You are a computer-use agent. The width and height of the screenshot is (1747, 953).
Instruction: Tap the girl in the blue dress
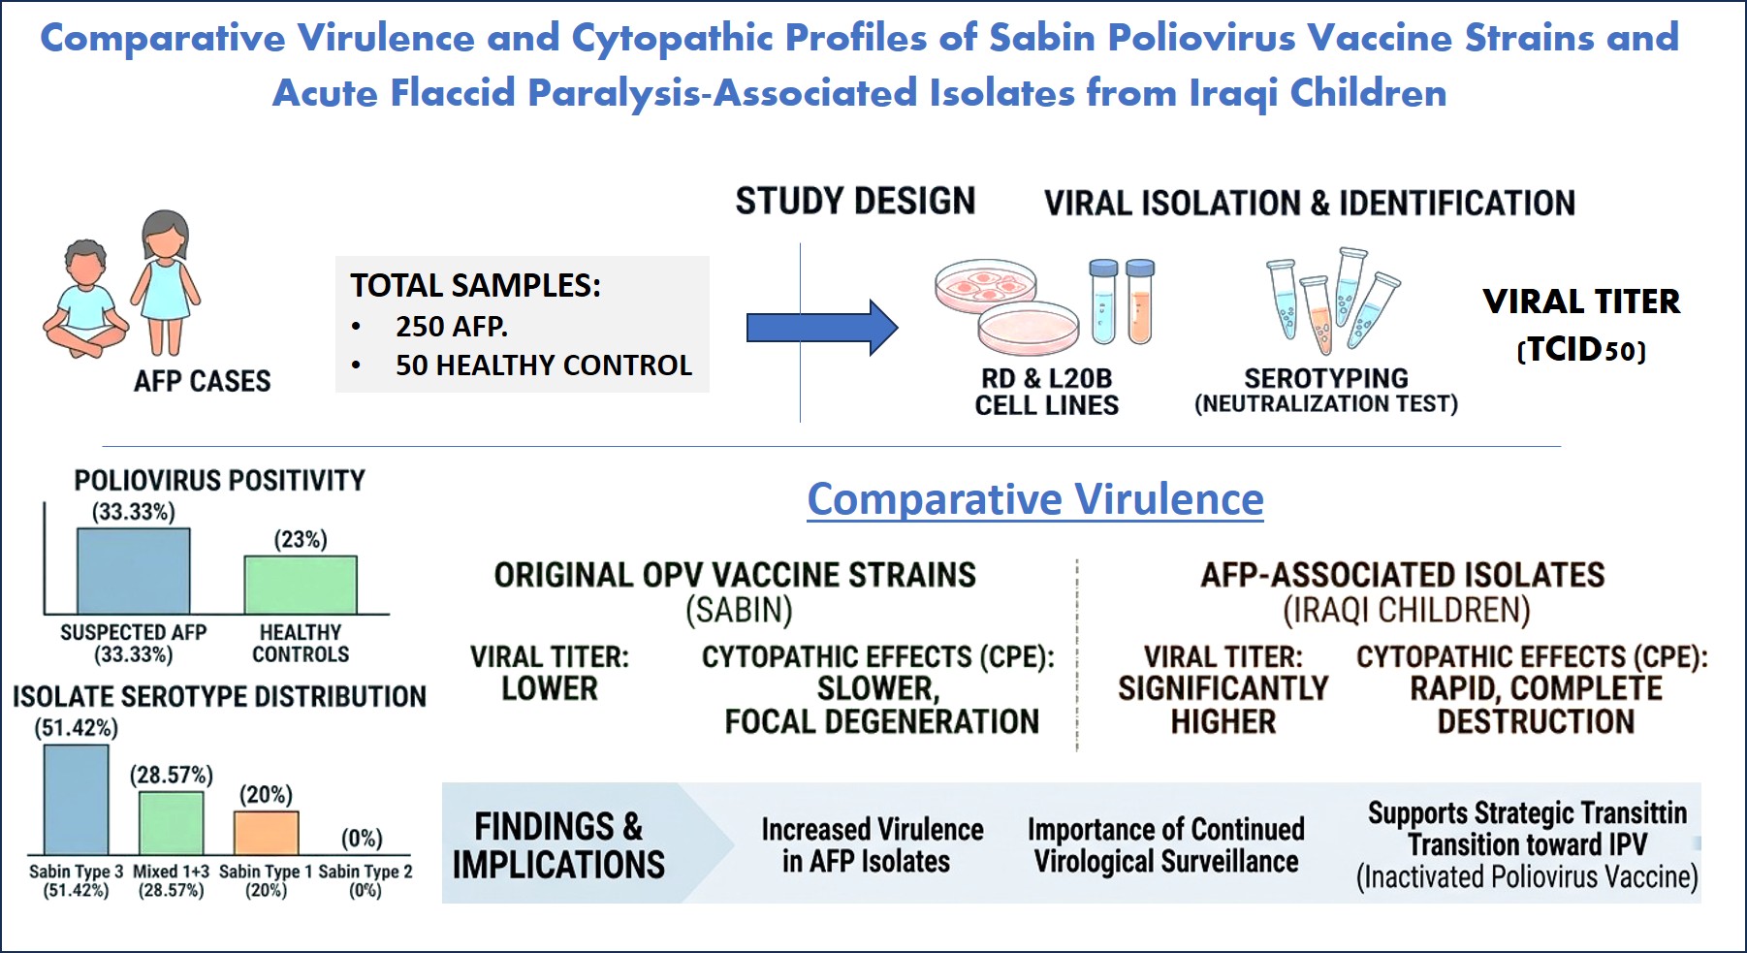click(166, 282)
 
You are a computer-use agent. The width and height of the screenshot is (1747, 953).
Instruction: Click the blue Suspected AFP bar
click(134, 570)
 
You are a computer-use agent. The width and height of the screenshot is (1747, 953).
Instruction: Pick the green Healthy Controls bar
click(301, 585)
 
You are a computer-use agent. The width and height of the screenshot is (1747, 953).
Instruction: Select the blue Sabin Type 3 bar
click(76, 799)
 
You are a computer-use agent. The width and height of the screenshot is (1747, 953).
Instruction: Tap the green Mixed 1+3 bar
click(171, 823)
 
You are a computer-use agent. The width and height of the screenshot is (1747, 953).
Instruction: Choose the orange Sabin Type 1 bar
click(267, 833)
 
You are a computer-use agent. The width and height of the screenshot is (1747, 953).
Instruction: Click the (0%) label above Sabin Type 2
click(362, 838)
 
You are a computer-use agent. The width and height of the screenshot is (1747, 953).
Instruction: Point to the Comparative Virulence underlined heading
click(1035, 499)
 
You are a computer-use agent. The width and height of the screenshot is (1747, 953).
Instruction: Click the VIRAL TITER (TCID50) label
click(1581, 325)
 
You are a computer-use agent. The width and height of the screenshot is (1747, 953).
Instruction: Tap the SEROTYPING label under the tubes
click(1326, 378)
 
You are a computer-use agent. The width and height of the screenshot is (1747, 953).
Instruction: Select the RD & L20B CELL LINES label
click(1047, 392)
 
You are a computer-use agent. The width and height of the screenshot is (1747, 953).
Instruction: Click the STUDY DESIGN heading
click(855, 201)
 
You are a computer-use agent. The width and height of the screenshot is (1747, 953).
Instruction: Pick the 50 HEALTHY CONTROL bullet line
click(523, 365)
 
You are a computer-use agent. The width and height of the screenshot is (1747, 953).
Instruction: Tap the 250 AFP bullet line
click(430, 327)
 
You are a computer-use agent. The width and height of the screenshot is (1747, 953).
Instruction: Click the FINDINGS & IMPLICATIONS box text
click(558, 845)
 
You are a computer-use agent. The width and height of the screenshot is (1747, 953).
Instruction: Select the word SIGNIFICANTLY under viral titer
click(1223, 688)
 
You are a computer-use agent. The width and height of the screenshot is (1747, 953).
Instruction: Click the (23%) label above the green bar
click(301, 539)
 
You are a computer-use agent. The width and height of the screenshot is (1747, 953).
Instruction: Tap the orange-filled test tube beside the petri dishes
click(1140, 302)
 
